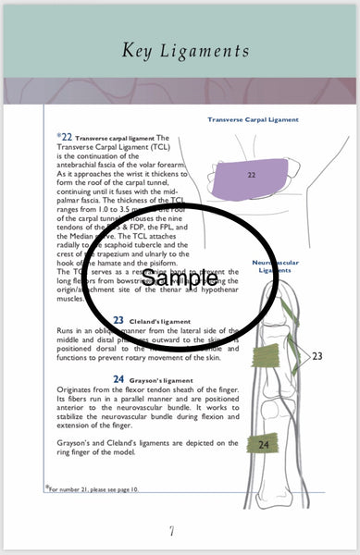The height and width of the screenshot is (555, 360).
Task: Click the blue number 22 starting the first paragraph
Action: (x=66, y=135)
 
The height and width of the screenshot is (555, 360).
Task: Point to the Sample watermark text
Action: (x=180, y=277)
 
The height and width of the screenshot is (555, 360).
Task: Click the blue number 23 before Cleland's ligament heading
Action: (x=118, y=320)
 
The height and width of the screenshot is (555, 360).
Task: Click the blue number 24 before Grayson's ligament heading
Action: (x=118, y=379)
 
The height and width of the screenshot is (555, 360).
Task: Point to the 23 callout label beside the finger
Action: (x=317, y=355)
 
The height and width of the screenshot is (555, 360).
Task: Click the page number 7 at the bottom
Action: (x=171, y=531)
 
